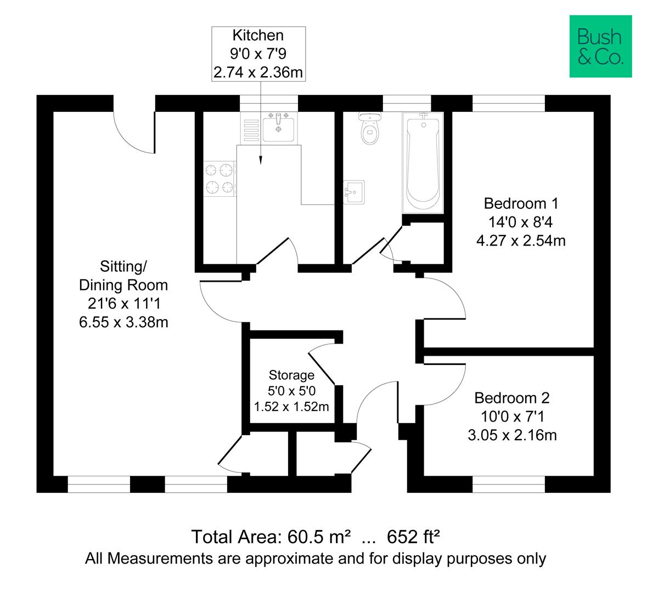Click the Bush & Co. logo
click(600, 46)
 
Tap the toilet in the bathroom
click(370, 128)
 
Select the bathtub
click(423, 162)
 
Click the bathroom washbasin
click(354, 192)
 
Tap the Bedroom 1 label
click(521, 203)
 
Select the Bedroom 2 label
click(512, 398)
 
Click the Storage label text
click(291, 375)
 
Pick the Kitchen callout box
click(258, 54)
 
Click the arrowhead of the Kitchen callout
click(260, 161)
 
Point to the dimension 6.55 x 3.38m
click(123, 322)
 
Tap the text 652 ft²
click(413, 537)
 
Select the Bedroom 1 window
click(509, 104)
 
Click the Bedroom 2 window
click(509, 485)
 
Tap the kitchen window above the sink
click(268, 104)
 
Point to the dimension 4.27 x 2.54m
click(521, 240)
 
